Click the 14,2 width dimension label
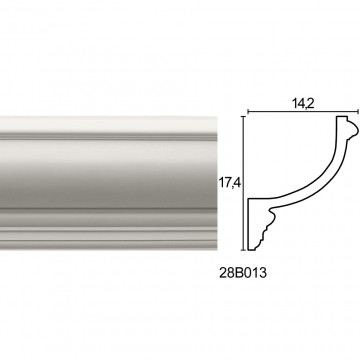click(303, 104)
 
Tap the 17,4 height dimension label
click(230, 183)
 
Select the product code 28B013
click(243, 273)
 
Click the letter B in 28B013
click(239, 273)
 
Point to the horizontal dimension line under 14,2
click(303, 112)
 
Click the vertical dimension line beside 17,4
click(244, 183)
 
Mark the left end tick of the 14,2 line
click(248, 112)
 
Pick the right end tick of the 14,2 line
click(358, 112)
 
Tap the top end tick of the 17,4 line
click(244, 117)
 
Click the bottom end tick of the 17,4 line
click(244, 250)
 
